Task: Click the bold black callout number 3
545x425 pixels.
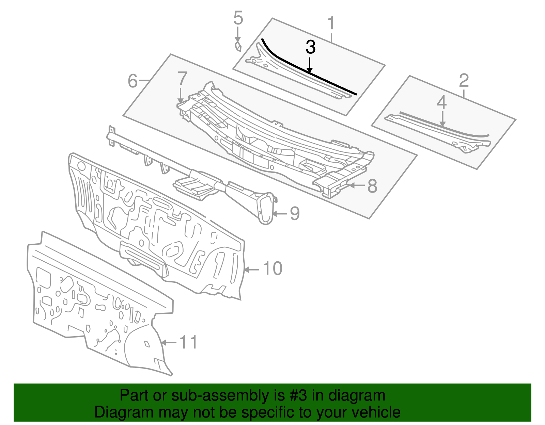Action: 310,47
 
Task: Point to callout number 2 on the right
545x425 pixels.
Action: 464,81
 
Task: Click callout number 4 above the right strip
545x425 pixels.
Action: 442,102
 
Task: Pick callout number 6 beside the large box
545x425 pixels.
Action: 133,81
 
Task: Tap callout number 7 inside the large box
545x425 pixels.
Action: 183,79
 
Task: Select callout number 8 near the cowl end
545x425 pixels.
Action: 372,186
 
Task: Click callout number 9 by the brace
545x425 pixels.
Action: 295,214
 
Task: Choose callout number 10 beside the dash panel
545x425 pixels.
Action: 272,268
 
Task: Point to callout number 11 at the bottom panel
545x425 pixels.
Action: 188,342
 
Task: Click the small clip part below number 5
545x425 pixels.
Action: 238,47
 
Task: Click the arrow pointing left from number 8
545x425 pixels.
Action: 356,185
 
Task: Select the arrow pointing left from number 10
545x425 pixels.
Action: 252,269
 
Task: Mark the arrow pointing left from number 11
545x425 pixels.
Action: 169,342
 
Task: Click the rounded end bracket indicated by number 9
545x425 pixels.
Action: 266,207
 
